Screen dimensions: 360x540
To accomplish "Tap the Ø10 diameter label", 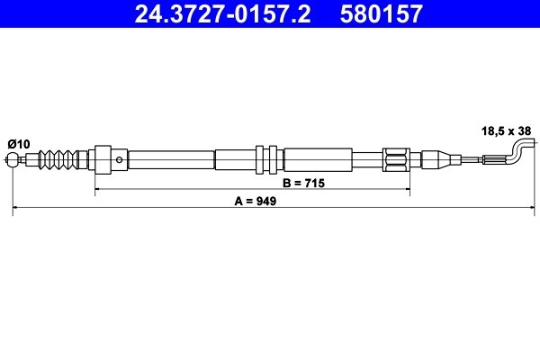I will click(19, 142).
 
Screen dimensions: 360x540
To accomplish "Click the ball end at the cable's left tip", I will click(13, 162).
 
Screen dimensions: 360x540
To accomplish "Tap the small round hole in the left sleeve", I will click(121, 159).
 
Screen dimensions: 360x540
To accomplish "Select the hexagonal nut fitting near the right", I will click(396, 161).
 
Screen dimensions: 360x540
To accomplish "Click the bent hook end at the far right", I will click(520, 148).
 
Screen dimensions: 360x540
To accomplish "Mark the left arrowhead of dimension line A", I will click(16, 209).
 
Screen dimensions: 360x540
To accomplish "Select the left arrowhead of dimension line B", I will click(97, 190).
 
